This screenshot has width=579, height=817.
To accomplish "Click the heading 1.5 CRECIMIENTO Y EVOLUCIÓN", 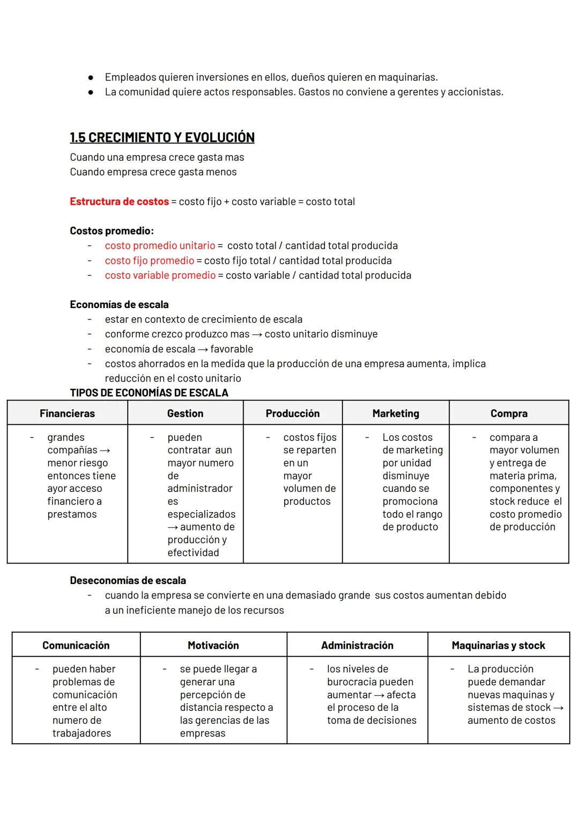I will pyautogui.click(x=162, y=138).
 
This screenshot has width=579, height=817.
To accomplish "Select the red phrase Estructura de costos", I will pyautogui.click(x=119, y=201).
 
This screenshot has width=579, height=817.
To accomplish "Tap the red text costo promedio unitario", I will pyautogui.click(x=160, y=245).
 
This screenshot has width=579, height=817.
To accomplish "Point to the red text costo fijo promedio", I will pyautogui.click(x=149, y=260).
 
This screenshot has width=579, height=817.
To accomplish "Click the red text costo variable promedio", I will pyautogui.click(x=160, y=275).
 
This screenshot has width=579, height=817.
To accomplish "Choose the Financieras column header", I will pyautogui.click(x=67, y=414).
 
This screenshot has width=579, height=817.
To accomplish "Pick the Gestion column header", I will pyautogui.click(x=185, y=414).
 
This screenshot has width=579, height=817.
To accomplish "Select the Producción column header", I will pyautogui.click(x=292, y=414).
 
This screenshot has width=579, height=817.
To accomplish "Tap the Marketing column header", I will pyautogui.click(x=396, y=414).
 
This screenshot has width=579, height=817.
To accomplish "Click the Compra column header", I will pyautogui.click(x=509, y=414).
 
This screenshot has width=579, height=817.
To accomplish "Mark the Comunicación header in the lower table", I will pyautogui.click(x=76, y=646).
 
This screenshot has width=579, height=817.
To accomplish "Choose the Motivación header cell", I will pyautogui.click(x=213, y=646).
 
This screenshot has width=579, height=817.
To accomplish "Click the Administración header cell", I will pyautogui.click(x=357, y=646).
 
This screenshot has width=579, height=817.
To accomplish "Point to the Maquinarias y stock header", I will pyautogui.click(x=498, y=646).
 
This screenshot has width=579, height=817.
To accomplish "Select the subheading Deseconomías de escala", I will pyautogui.click(x=128, y=581).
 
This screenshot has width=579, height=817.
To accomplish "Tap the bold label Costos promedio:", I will pyautogui.click(x=112, y=231).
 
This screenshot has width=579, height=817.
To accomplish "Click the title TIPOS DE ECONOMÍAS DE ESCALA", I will pyautogui.click(x=149, y=393).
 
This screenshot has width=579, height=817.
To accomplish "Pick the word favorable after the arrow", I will pyautogui.click(x=232, y=349).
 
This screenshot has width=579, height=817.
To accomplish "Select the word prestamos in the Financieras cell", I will pyautogui.click(x=72, y=514).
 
